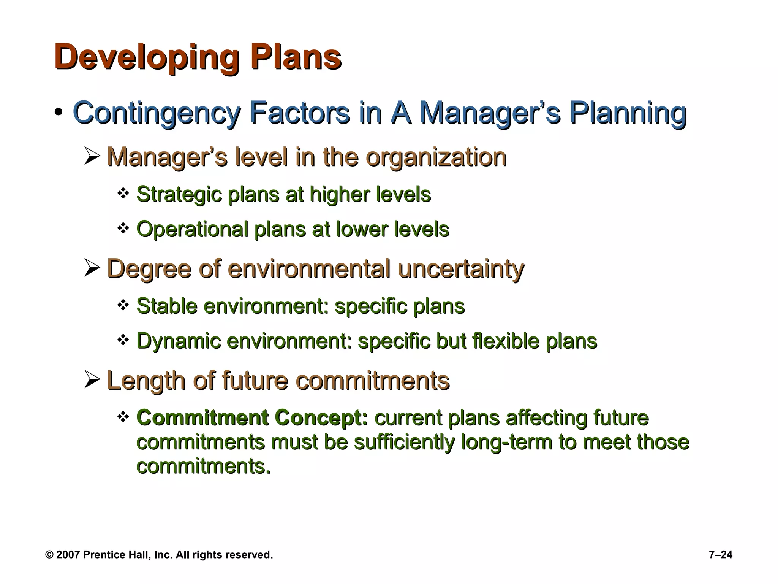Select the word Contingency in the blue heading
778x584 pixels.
pyautogui.click(x=156, y=113)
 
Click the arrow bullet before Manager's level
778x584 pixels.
pyautogui.click(x=92, y=156)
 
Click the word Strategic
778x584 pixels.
pyautogui.click(x=179, y=194)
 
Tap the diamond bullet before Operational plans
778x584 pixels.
pyautogui.click(x=123, y=229)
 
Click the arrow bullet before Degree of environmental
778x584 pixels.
pyautogui.click(x=92, y=268)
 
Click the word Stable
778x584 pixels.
pyautogui.click(x=167, y=306)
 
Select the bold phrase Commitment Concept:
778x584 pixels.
pyautogui.click(x=252, y=417)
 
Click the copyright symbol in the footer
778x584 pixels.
pyautogui.click(x=49, y=555)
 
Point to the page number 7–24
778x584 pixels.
pyautogui.click(x=720, y=555)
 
